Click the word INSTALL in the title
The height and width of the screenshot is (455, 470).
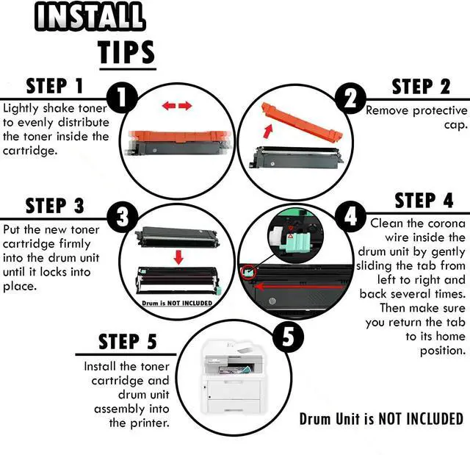click(x=90, y=16)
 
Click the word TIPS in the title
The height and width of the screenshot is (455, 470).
click(x=126, y=52)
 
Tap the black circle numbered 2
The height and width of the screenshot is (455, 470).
click(x=350, y=98)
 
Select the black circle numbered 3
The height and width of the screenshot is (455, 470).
click(x=123, y=217)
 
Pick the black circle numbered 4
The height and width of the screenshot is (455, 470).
click(x=350, y=217)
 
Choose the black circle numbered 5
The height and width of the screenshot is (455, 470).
click(x=288, y=336)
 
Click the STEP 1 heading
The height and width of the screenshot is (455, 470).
click(x=54, y=86)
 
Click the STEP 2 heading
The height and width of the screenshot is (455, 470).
click(x=421, y=87)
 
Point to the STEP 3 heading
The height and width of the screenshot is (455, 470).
click(x=54, y=206)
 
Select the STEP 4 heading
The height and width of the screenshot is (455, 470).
click(x=424, y=201)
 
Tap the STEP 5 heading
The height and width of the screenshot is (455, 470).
click(x=128, y=341)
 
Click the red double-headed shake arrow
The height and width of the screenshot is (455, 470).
click(x=177, y=106)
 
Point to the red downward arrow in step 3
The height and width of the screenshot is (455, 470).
click(x=178, y=257)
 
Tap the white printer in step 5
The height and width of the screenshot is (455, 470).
click(x=233, y=377)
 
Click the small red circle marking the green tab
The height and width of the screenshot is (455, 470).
click(x=249, y=272)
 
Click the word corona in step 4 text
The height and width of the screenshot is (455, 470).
click(x=446, y=223)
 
